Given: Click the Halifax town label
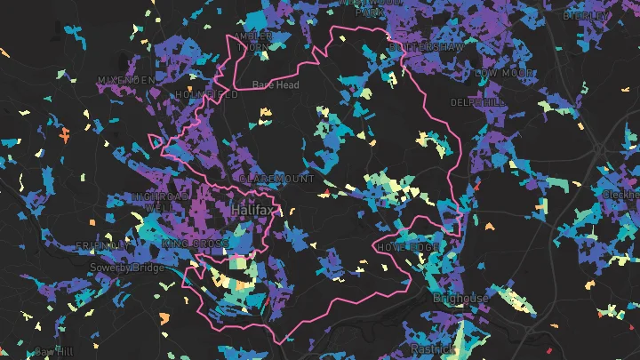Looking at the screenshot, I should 253,210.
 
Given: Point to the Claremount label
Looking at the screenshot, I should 277,179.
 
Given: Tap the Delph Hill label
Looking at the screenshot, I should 478,102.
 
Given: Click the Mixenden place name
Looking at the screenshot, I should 126,80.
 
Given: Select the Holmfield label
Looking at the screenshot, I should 207,94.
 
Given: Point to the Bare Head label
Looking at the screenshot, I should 275,85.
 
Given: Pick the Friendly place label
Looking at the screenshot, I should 100,245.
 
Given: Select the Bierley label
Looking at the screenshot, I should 581,15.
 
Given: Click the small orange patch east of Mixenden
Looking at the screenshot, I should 64,136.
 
